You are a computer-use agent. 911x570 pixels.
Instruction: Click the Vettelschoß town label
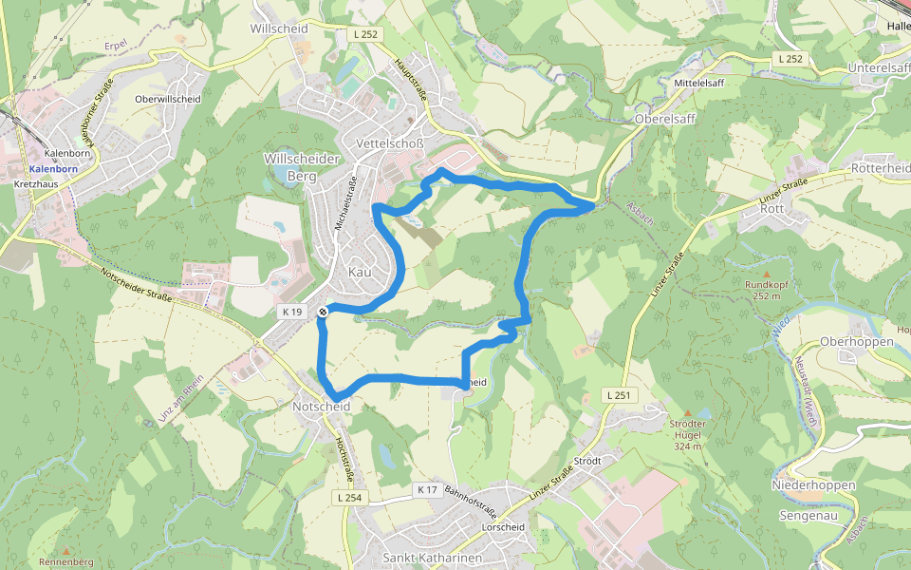click(x=387, y=142)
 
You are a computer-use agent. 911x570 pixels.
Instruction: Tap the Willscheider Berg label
click(x=302, y=167)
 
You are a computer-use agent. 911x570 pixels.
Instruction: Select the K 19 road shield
click(x=291, y=312)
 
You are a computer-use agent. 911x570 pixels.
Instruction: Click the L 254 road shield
click(x=349, y=498)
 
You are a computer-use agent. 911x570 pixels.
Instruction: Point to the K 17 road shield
click(x=427, y=490)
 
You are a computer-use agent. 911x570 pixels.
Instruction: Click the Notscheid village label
click(x=322, y=407)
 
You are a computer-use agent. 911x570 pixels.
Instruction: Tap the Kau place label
click(x=361, y=273)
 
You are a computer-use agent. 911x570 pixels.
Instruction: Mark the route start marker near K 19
click(x=324, y=312)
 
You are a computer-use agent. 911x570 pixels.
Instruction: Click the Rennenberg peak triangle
click(x=65, y=549)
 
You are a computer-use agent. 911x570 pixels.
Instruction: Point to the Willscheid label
click(x=279, y=28)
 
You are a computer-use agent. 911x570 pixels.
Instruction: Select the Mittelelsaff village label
click(x=698, y=84)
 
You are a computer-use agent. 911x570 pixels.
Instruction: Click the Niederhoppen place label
click(x=814, y=485)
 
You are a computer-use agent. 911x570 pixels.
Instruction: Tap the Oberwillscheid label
click(x=168, y=99)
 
